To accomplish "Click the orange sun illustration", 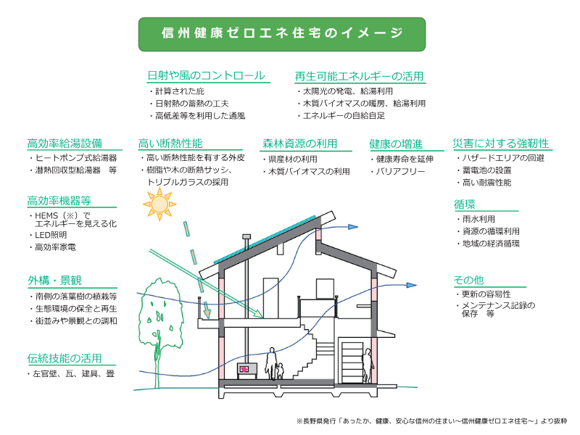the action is click(159, 204).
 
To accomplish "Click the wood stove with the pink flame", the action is click(246, 370).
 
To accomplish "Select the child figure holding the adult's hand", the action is click(280, 371).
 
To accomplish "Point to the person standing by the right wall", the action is click(368, 365).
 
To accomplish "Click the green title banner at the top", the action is click(282, 34).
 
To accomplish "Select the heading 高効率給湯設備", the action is click(65, 144).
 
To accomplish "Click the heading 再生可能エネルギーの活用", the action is click(359, 76).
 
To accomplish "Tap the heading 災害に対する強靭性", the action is click(501, 144).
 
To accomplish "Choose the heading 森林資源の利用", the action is click(300, 144).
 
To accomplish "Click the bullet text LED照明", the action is click(51, 235).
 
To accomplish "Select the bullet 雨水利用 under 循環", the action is click(478, 219).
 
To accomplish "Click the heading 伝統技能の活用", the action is click(65, 358).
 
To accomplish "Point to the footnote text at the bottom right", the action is click(431, 421).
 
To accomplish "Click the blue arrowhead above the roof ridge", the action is click(353, 227).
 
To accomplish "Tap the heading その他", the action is click(468, 280).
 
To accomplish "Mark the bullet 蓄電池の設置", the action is click(486, 170).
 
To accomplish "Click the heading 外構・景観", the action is click(54, 281).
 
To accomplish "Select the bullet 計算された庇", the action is click(180, 91).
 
